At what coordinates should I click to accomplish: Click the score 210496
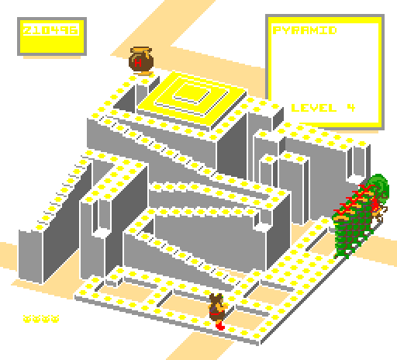pyautogui.click(x=50, y=30)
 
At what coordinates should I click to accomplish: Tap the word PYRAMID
pyautogui.click(x=305, y=30)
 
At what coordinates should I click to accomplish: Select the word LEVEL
pyautogui.click(x=314, y=108)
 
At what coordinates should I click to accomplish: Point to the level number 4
pyautogui.click(x=351, y=108)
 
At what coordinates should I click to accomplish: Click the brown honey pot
pyautogui.click(x=141, y=61)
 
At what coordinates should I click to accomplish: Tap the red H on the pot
pyautogui.click(x=138, y=63)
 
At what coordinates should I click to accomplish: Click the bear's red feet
pyautogui.click(x=220, y=325)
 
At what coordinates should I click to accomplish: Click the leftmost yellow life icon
pyautogui.click(x=27, y=319)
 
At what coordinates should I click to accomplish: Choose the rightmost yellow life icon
pyautogui.click(x=55, y=319)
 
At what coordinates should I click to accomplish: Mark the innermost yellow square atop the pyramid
pyautogui.click(x=192, y=92)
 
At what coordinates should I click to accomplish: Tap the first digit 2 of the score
pyautogui.click(x=27, y=30)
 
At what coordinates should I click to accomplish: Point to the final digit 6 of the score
pyautogui.click(x=74, y=30)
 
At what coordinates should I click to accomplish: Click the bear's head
pyautogui.click(x=216, y=299)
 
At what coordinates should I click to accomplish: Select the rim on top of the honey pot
pyautogui.click(x=141, y=49)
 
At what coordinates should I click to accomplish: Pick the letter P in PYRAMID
pyautogui.click(x=277, y=30)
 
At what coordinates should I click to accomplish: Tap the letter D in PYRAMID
pyautogui.click(x=333, y=30)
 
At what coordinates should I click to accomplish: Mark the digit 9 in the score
pyautogui.click(x=64, y=30)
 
